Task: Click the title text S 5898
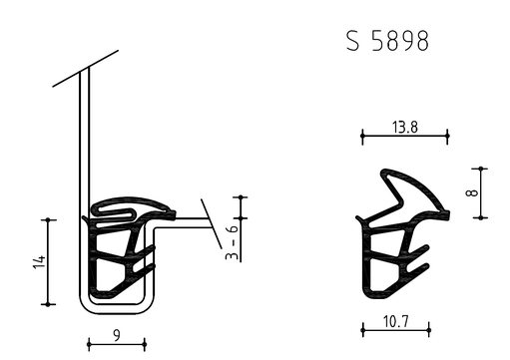[387, 41]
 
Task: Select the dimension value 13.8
[405, 128]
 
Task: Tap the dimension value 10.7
[395, 322]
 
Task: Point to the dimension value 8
[472, 192]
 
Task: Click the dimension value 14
[39, 262]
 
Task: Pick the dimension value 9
[117, 335]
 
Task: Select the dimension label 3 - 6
[232, 242]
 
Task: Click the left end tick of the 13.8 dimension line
[362, 136]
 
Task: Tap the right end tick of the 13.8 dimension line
[447, 136]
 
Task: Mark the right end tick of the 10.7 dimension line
[429, 330]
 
